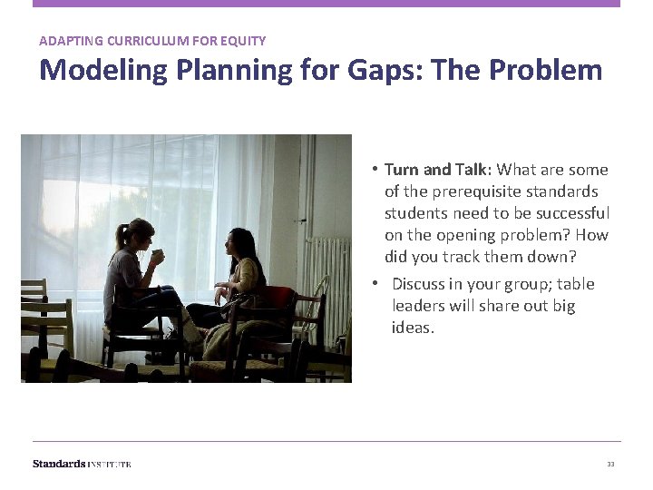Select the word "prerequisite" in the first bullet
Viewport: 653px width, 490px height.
click(x=450, y=191)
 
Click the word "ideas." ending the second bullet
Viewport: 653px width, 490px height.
click(x=413, y=328)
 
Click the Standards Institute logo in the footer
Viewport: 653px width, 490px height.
click(x=82, y=464)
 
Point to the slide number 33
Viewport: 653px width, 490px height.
click(x=610, y=465)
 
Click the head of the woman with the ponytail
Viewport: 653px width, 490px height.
click(x=138, y=235)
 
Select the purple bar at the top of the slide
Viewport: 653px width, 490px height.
click(x=326, y=4)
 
